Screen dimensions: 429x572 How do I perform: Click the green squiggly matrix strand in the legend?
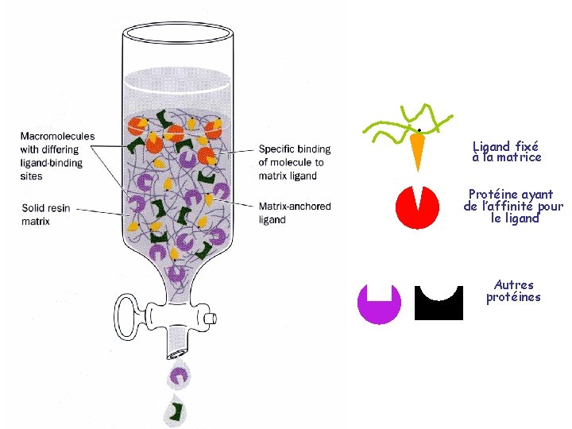coord(405,119)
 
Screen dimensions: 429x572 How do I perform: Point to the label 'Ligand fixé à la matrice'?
coord(506,152)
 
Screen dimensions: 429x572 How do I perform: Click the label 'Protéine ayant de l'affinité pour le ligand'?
coord(512,206)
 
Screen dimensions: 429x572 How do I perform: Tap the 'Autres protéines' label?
coord(513,291)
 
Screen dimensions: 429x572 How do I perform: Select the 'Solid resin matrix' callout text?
coord(46,214)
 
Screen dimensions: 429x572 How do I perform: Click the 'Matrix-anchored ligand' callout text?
coord(294,213)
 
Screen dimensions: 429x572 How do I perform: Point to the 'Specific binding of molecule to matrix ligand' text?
coord(294,162)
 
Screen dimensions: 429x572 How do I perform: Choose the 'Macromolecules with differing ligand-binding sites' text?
coord(57,156)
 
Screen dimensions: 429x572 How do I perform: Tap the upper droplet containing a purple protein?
coord(180,375)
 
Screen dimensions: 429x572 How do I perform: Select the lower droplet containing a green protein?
coord(175,411)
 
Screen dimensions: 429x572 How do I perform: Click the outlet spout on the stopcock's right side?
coord(209,319)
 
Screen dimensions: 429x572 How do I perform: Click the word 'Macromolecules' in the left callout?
coord(57,137)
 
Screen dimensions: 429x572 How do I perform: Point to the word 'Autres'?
coord(513,284)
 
